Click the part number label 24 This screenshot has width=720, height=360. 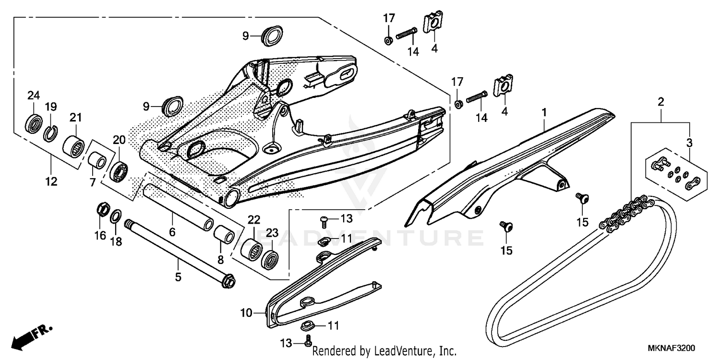(x=33, y=95)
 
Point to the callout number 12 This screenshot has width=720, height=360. (x=51, y=181)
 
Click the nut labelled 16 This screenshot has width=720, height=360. (x=102, y=210)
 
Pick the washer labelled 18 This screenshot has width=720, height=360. (x=116, y=216)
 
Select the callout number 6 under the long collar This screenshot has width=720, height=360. (x=172, y=232)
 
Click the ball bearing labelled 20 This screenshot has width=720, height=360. (x=118, y=172)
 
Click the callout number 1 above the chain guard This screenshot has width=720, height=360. (x=544, y=112)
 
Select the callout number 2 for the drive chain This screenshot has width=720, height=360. (x=661, y=102)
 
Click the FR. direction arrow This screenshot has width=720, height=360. (x=32, y=336)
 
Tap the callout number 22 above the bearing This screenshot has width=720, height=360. (x=254, y=220)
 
